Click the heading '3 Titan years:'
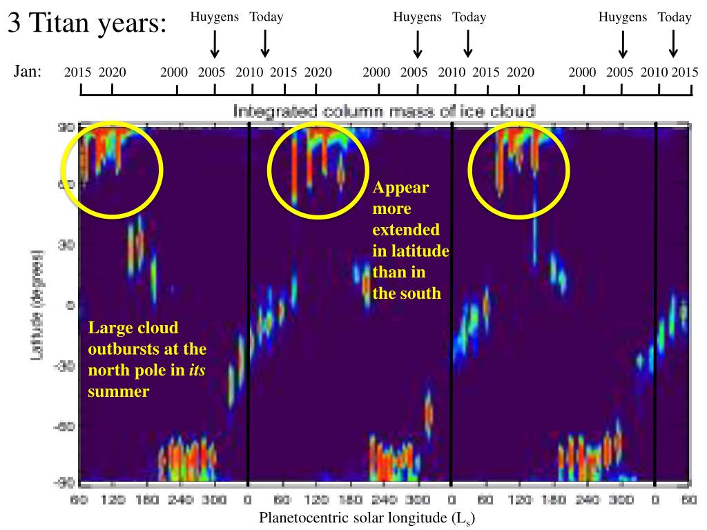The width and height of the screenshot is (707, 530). (88, 26)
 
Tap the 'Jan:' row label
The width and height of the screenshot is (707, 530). (28, 71)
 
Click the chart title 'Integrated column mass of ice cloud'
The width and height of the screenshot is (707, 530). (384, 111)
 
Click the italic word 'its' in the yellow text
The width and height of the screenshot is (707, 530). (197, 371)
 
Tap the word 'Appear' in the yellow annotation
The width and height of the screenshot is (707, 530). (401, 188)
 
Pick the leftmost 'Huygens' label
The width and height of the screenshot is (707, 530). (215, 17)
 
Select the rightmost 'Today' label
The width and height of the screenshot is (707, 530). (675, 17)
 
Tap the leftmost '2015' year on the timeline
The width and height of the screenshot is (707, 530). (78, 72)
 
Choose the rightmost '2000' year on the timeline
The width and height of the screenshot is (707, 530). (583, 72)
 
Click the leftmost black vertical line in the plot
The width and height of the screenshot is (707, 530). (249, 304)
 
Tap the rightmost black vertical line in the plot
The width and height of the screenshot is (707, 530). (655, 304)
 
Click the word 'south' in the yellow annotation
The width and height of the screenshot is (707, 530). (418, 293)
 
